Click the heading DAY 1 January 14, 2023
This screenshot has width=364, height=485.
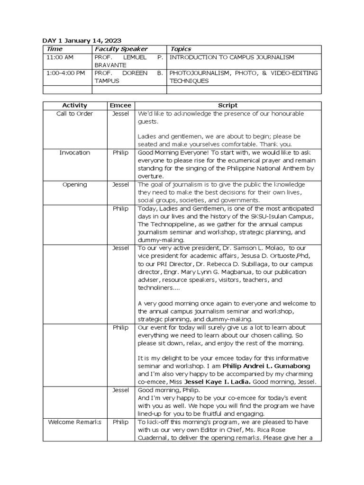click(x=82, y=41)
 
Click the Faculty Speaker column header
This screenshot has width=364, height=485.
click(x=121, y=49)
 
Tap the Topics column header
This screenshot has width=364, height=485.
click(x=181, y=49)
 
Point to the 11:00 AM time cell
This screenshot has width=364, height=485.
click(x=60, y=57)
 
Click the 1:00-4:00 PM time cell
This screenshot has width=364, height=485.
click(x=66, y=73)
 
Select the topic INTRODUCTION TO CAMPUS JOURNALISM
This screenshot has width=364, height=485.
click(x=232, y=57)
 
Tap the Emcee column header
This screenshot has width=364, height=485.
click(x=120, y=106)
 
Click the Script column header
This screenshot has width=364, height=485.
click(x=227, y=106)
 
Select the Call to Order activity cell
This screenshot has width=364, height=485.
click(x=74, y=114)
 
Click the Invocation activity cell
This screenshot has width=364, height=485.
click(x=74, y=153)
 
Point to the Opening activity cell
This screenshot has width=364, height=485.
click(x=74, y=185)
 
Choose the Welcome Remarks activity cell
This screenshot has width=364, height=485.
click(x=74, y=422)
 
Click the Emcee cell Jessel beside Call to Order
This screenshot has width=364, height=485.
click(x=120, y=114)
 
